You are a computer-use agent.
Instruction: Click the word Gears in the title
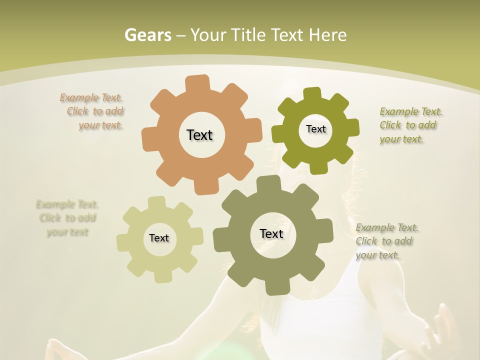pyautogui.click(x=147, y=35)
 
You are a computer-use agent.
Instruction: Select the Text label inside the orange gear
pyautogui.click(x=199, y=135)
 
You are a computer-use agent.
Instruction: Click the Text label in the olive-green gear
pyautogui.click(x=315, y=129)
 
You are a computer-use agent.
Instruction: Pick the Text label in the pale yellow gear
pyautogui.click(x=159, y=238)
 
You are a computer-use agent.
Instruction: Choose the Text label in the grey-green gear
pyautogui.click(x=271, y=233)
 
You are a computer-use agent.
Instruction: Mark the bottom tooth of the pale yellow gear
pyautogui.click(x=162, y=276)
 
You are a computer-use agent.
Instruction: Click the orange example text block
pyautogui.click(x=92, y=111)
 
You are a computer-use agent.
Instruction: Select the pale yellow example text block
pyautogui.click(x=67, y=218)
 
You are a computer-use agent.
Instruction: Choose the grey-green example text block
pyautogui.click(x=386, y=241)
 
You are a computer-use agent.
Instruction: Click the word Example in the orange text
pyautogui.click(x=79, y=97)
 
